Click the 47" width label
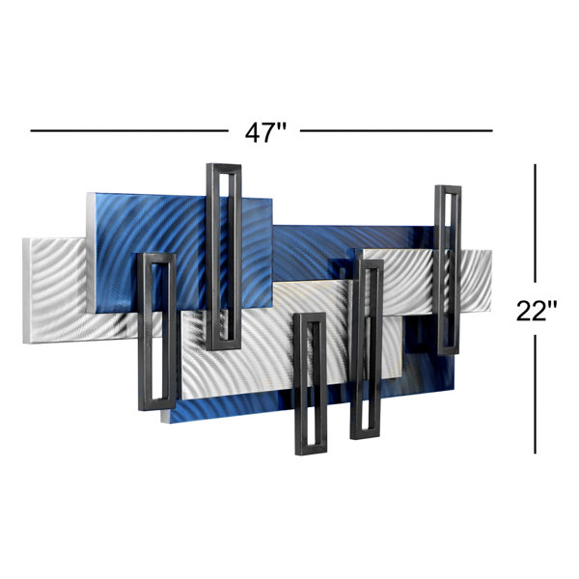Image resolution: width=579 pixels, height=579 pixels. pos(265,132)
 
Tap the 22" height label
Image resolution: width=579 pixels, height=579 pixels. pos(537,311)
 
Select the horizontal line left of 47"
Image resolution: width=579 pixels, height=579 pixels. pos(129,130)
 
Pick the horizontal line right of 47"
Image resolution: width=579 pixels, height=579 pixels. pos(397,130)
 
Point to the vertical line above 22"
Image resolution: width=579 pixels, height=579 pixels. pos(535,224)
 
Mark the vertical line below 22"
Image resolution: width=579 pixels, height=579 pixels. pos(535,394)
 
